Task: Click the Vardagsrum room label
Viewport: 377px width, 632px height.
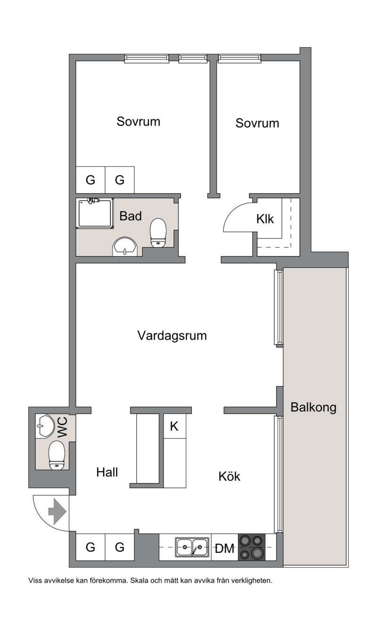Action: tap(172, 335)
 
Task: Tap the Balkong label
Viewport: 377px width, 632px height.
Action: tap(313, 407)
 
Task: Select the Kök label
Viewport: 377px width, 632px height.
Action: tap(229, 477)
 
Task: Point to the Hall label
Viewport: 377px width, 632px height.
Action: tap(107, 472)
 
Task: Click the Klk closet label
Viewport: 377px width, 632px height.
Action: tap(265, 219)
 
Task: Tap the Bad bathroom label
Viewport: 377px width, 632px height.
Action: tap(131, 216)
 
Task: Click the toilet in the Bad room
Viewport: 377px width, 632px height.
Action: tap(158, 233)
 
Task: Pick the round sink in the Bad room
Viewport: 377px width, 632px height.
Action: tap(125, 246)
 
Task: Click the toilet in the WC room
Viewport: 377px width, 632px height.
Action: tap(57, 455)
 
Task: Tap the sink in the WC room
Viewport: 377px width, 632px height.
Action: tap(45, 426)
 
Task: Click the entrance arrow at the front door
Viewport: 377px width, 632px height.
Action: tap(57, 511)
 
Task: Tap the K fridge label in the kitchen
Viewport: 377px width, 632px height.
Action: tap(174, 426)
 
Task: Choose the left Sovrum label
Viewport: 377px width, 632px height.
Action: tap(139, 122)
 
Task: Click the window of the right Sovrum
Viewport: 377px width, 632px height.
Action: tap(239, 58)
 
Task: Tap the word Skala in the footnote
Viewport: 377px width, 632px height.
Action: tap(139, 581)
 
